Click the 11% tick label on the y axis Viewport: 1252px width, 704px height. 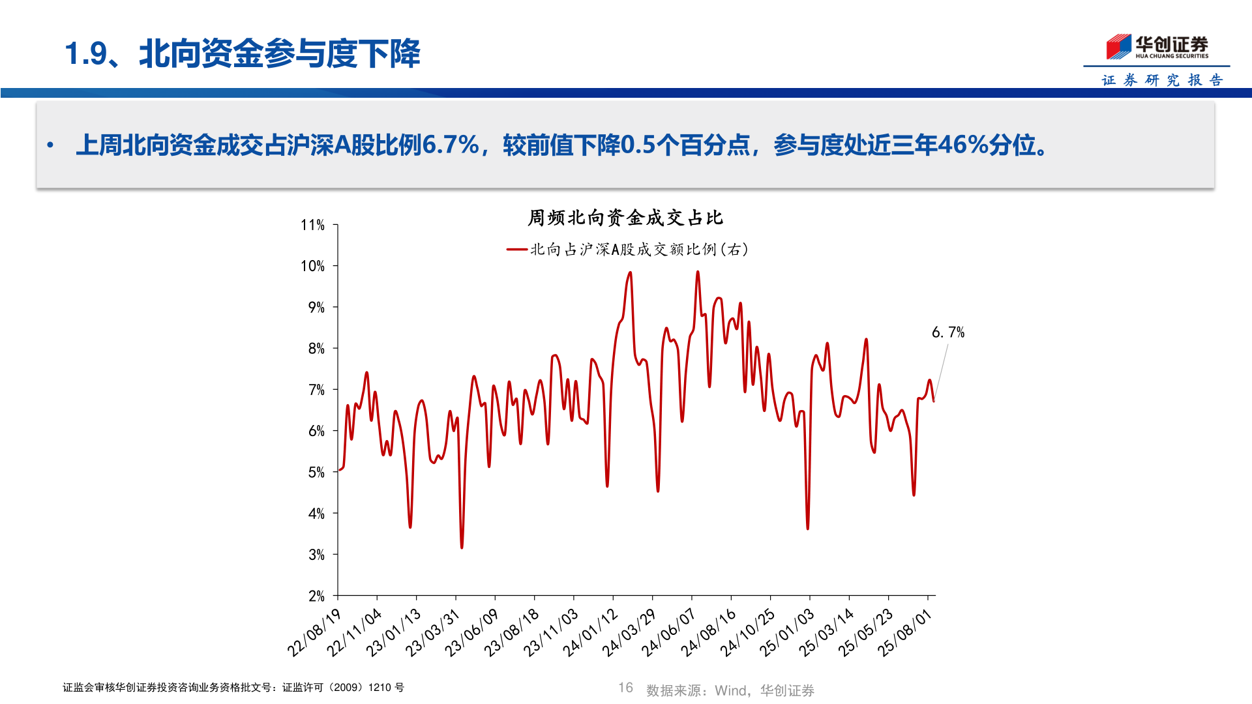pyautogui.click(x=312, y=225)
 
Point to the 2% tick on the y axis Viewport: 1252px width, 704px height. pyautogui.click(x=316, y=596)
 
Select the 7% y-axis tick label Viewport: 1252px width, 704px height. pyautogui.click(x=316, y=390)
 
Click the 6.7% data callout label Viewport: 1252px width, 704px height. pyautogui.click(x=947, y=332)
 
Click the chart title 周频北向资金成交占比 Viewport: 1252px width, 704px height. pyautogui.click(x=625, y=218)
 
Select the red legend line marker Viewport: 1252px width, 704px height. pyautogui.click(x=516, y=250)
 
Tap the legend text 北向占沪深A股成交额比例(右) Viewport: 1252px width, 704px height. pyautogui.click(x=639, y=250)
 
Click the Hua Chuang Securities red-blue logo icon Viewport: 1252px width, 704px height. pyautogui.click(x=1118, y=47)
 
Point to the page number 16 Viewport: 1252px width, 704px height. pyautogui.click(x=625, y=688)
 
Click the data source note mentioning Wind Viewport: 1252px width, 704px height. pyautogui.click(x=730, y=690)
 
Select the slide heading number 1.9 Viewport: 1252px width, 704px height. pyautogui.click(x=85, y=53)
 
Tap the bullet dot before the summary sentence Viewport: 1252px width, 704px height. pyautogui.click(x=50, y=145)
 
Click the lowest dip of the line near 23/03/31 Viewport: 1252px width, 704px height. pyautogui.click(x=462, y=547)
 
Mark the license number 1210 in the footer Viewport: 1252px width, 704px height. pyautogui.click(x=380, y=688)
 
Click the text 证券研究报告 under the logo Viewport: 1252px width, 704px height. pyautogui.click(x=1162, y=80)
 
